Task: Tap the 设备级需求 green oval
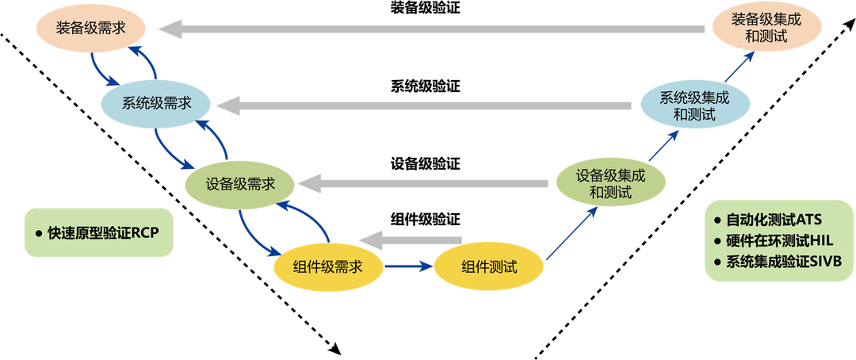(240, 184)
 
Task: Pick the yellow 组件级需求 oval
(327, 266)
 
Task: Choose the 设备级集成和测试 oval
(611, 183)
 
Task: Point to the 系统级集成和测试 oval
(694, 105)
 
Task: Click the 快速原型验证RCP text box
(97, 234)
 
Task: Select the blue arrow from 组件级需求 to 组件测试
(407, 267)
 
